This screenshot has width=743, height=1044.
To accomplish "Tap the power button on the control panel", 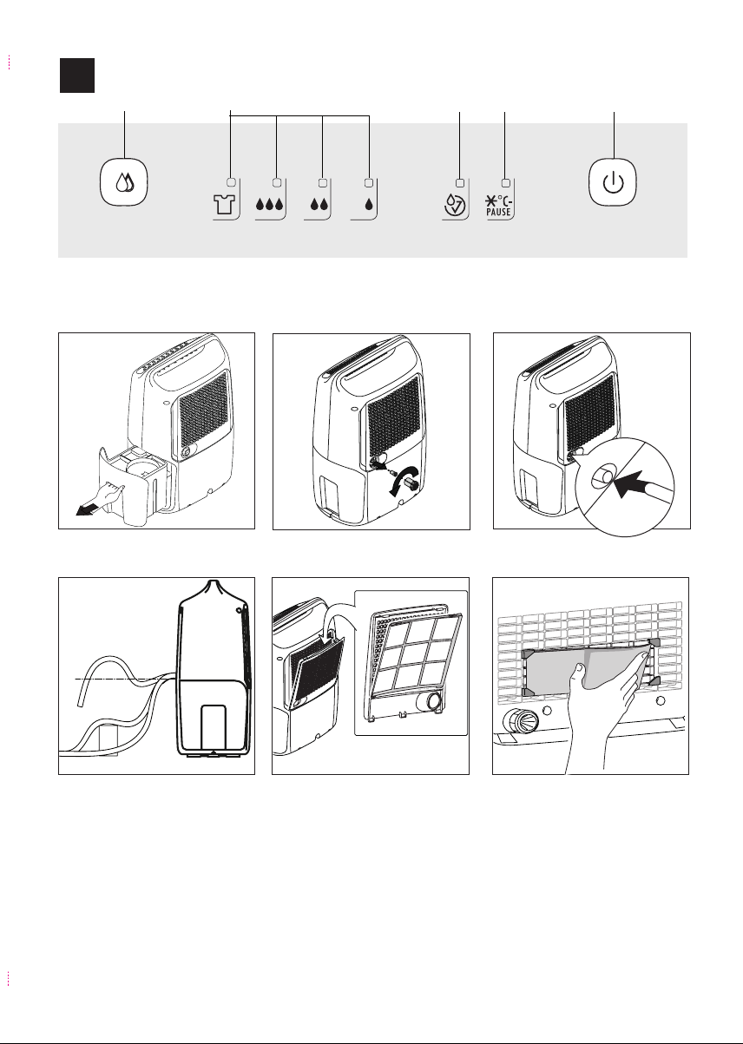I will coord(613,183).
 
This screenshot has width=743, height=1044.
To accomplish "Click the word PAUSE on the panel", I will coord(500,214).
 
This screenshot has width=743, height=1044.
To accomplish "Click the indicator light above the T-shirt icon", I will coord(230,183).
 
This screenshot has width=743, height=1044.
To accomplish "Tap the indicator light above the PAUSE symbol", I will coord(505,183).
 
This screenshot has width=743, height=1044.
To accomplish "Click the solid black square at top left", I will coord(76,76).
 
